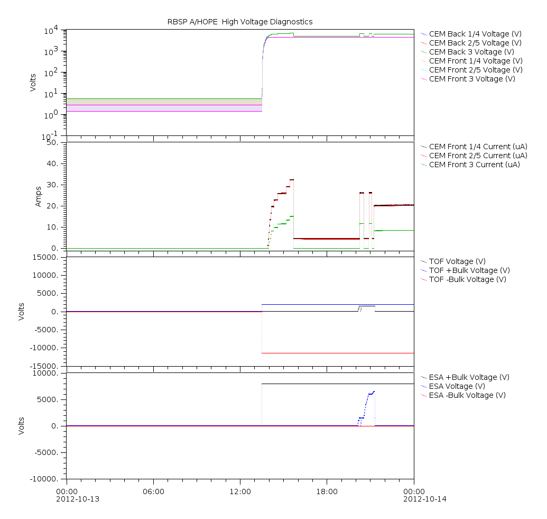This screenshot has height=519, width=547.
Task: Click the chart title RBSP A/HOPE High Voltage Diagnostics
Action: tap(239, 22)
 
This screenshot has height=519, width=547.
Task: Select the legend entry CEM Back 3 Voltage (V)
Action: tap(471, 52)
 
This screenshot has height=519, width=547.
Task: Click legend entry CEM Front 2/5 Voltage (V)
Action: tap(476, 70)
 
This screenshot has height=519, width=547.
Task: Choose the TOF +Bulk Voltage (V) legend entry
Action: tap(469, 270)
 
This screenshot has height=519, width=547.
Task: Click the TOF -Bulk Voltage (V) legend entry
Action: tap(468, 279)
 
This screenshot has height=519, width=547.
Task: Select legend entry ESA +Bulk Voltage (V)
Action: tap(469, 377)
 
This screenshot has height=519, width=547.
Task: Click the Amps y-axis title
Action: tap(38, 196)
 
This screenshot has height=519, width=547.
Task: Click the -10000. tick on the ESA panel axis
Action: tap(44, 479)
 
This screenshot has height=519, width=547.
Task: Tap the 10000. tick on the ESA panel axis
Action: tap(46, 373)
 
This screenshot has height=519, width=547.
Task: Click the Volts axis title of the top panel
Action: tap(33, 83)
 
